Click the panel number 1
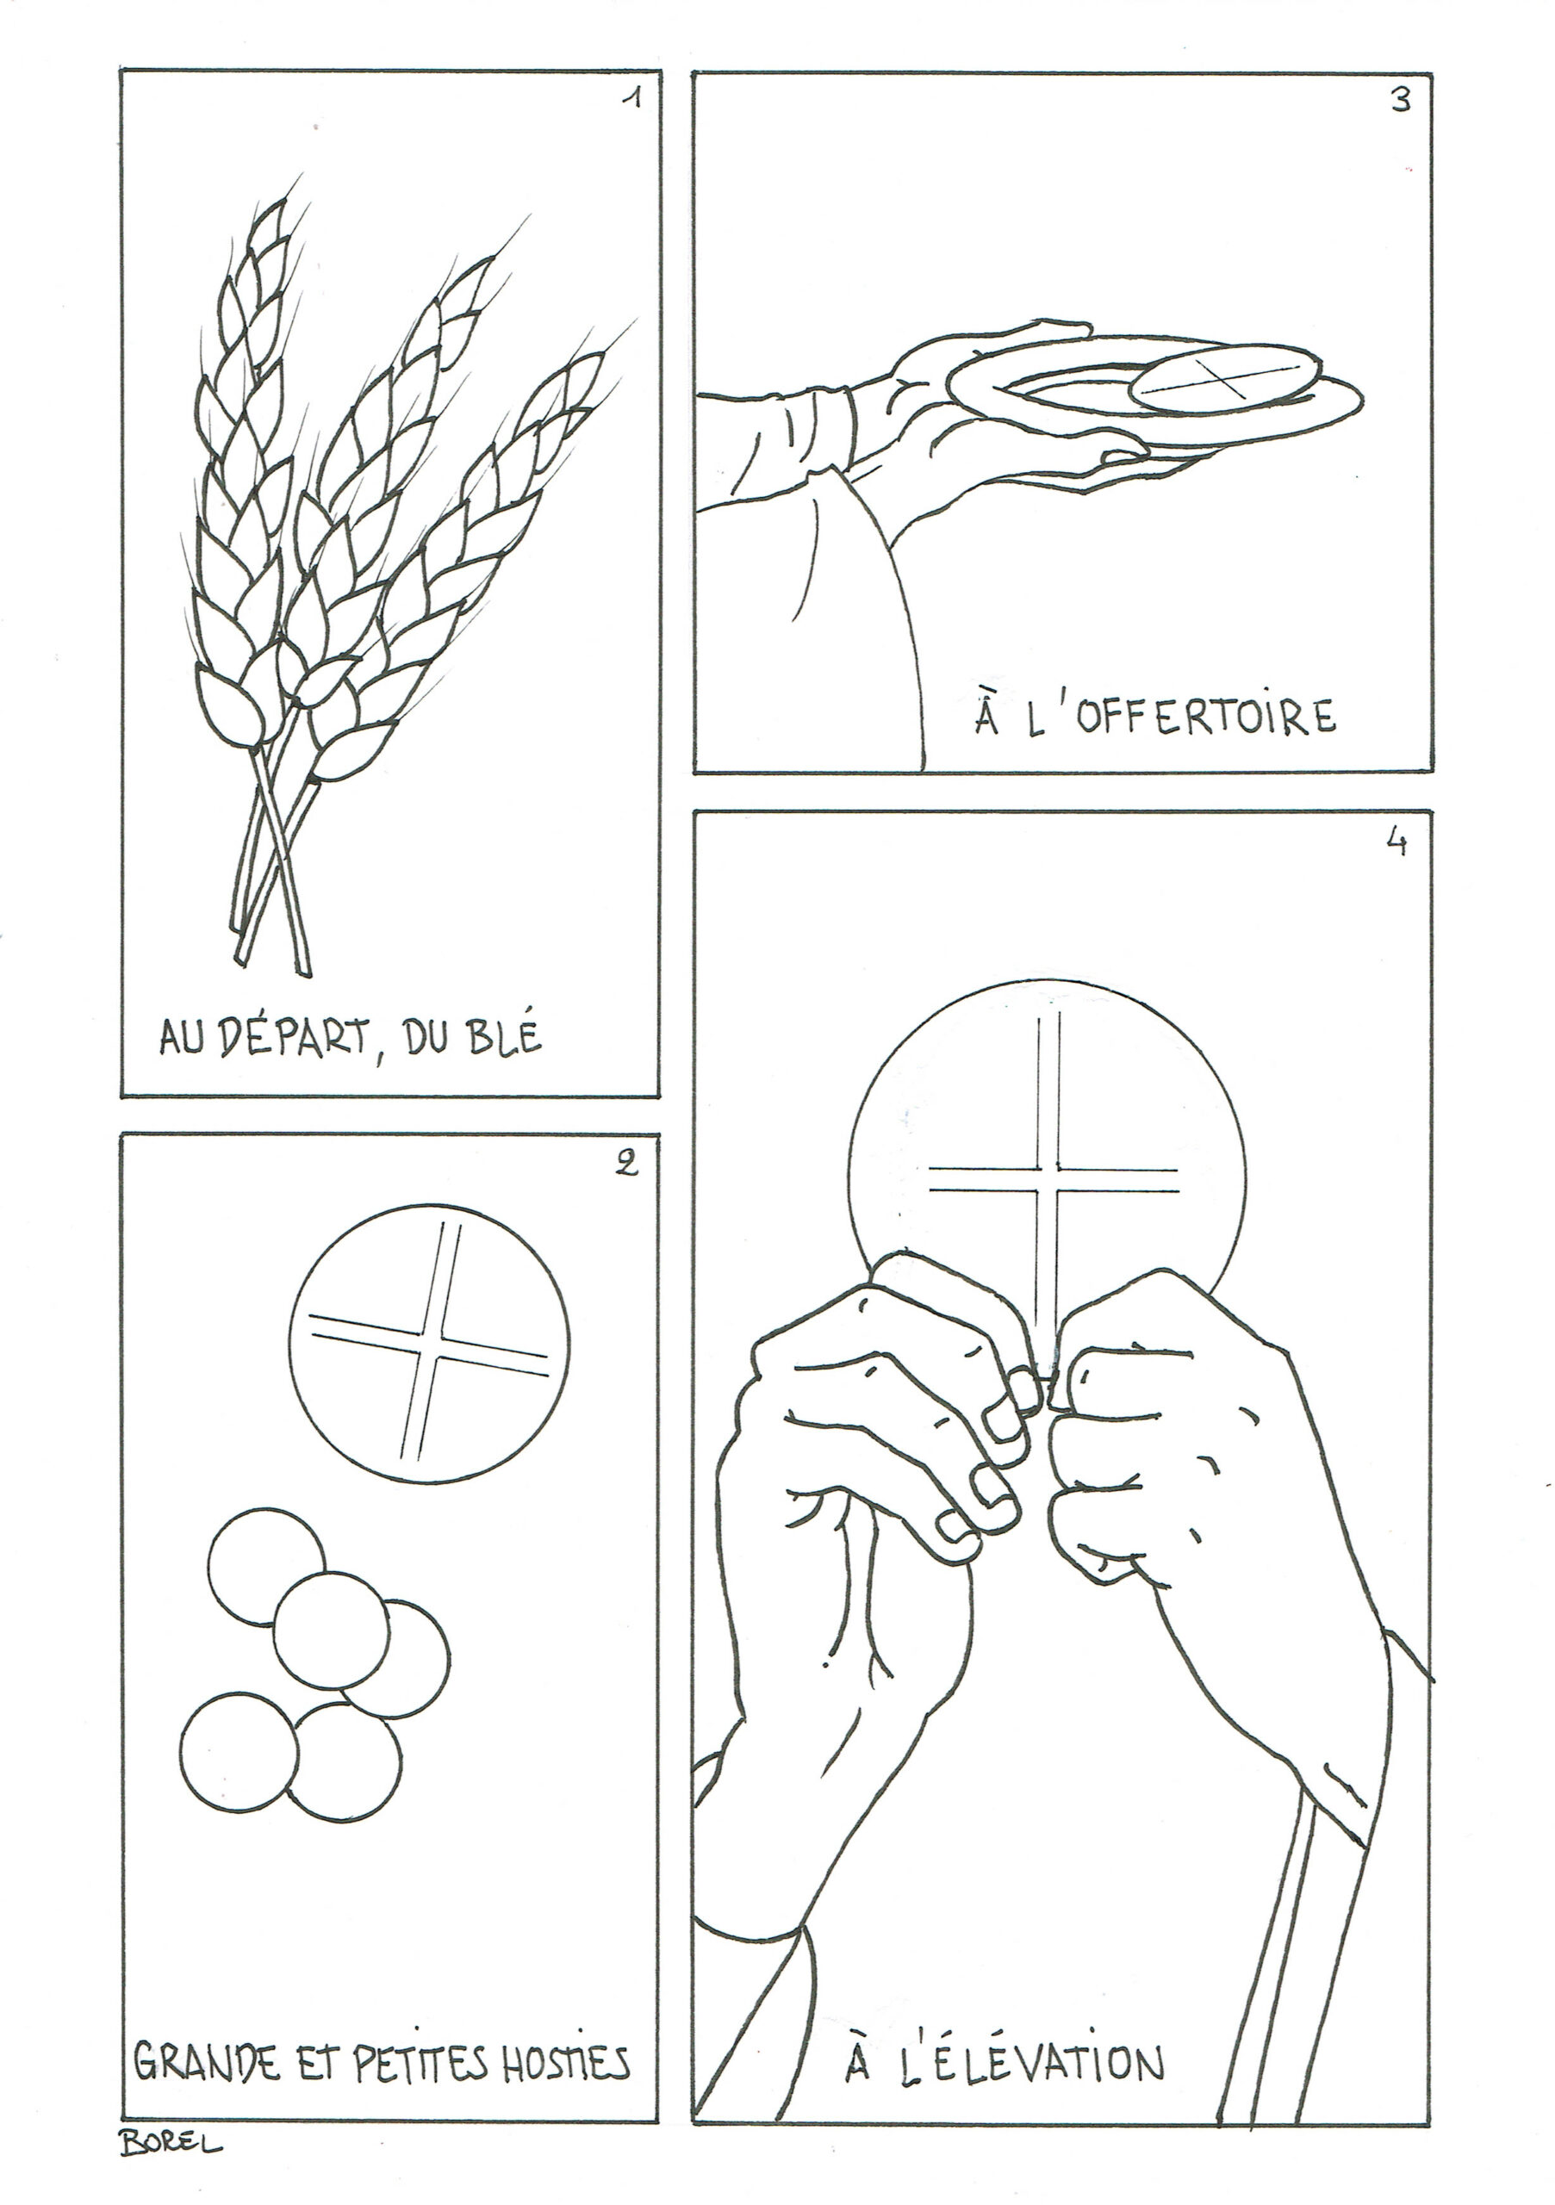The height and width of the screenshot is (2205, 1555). click(x=630, y=99)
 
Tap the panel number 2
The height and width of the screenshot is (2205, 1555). click(x=626, y=1163)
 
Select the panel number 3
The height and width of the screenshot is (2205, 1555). click(x=1402, y=101)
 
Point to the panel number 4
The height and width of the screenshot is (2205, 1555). click(x=1397, y=842)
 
